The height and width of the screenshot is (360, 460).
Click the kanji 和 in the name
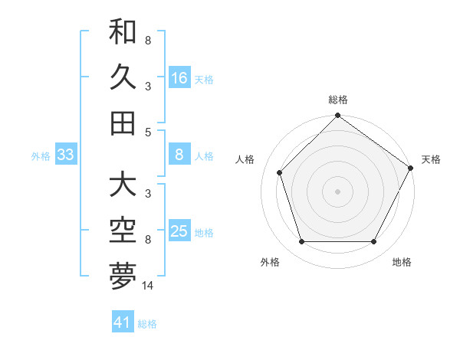click(x=123, y=32)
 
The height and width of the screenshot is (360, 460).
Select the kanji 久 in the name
click(x=123, y=77)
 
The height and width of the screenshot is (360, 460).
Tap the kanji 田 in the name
click(x=123, y=123)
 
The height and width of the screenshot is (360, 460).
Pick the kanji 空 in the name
click(x=123, y=230)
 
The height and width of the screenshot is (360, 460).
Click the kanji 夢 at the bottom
click(x=123, y=276)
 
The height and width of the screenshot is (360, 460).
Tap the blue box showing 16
click(x=179, y=77)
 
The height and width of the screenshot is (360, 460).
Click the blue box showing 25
click(x=179, y=232)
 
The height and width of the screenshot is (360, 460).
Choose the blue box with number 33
click(x=65, y=155)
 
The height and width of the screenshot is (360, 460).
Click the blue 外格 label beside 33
click(x=41, y=156)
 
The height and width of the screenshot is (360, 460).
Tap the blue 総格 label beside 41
click(x=147, y=324)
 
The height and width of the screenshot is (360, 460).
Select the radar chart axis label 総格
click(x=337, y=100)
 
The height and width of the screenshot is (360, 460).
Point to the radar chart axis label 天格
click(x=431, y=159)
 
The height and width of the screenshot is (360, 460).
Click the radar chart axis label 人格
click(x=245, y=159)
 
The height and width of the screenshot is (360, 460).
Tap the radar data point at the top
click(x=337, y=116)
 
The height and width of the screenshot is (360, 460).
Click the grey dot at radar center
click(x=337, y=191)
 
